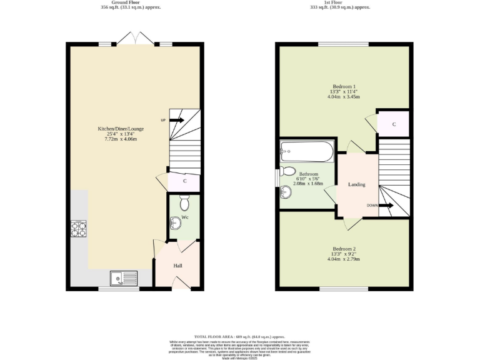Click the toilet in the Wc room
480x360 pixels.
pos(184,203)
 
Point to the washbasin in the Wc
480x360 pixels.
pos(176,222)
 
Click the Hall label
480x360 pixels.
pos(177,266)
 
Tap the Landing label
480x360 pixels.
pos(357,184)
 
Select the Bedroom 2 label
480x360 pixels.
pos(344,249)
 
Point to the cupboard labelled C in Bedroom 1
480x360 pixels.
pos(394,124)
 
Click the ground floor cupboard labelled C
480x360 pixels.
pos(185,181)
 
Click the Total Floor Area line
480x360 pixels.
pos(239,336)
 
